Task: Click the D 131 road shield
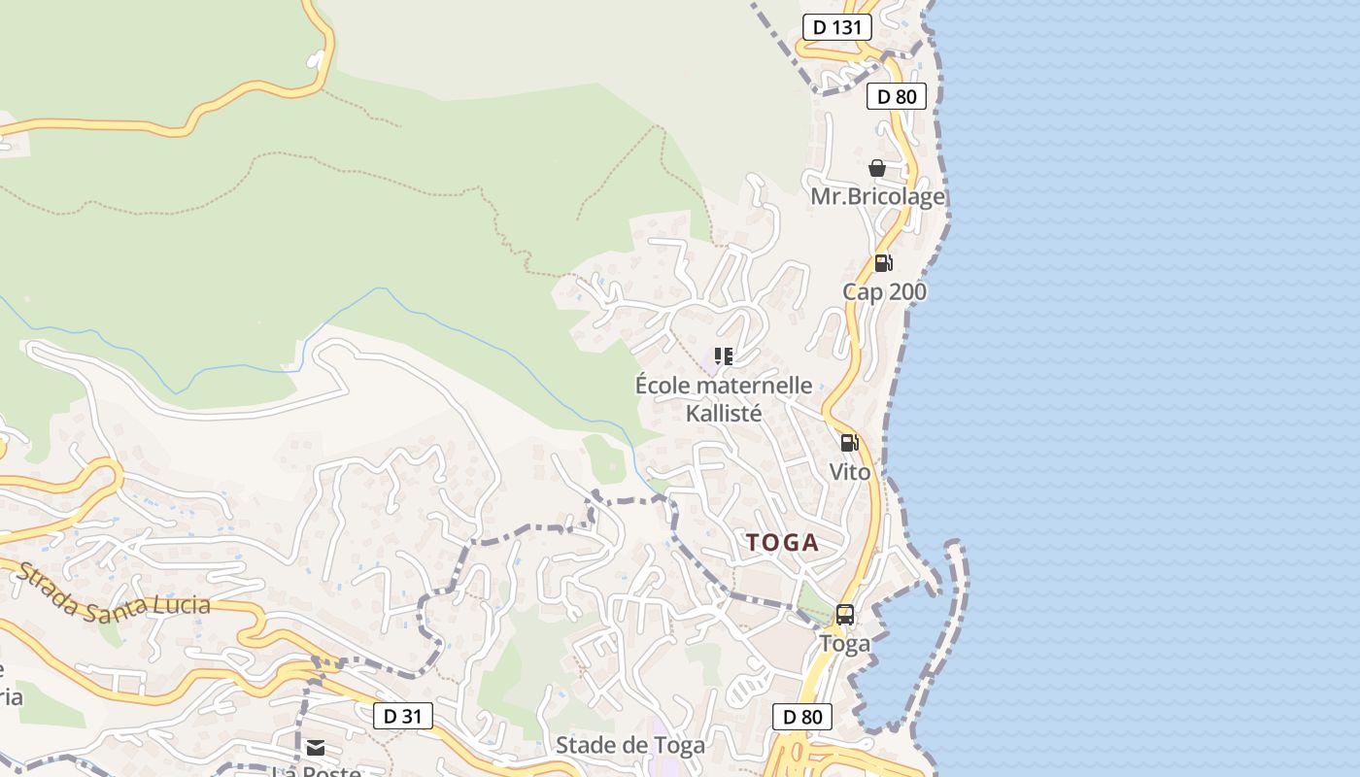click(836, 27)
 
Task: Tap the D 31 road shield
click(403, 717)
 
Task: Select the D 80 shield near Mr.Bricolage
click(897, 96)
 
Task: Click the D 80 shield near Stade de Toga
click(802, 718)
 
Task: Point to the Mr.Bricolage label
click(877, 197)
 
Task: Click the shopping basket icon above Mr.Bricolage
click(877, 169)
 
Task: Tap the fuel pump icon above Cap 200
click(883, 263)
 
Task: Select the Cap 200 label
click(884, 292)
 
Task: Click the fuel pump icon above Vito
click(849, 444)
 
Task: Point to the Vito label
click(850, 472)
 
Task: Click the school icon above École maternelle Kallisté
click(723, 356)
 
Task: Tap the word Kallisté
click(724, 413)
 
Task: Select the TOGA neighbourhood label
click(783, 543)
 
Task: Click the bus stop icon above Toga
click(845, 615)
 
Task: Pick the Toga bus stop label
click(845, 643)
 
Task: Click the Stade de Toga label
click(630, 746)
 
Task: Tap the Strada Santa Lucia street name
click(114, 592)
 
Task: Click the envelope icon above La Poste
click(316, 748)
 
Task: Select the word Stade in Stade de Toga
click(584, 746)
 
